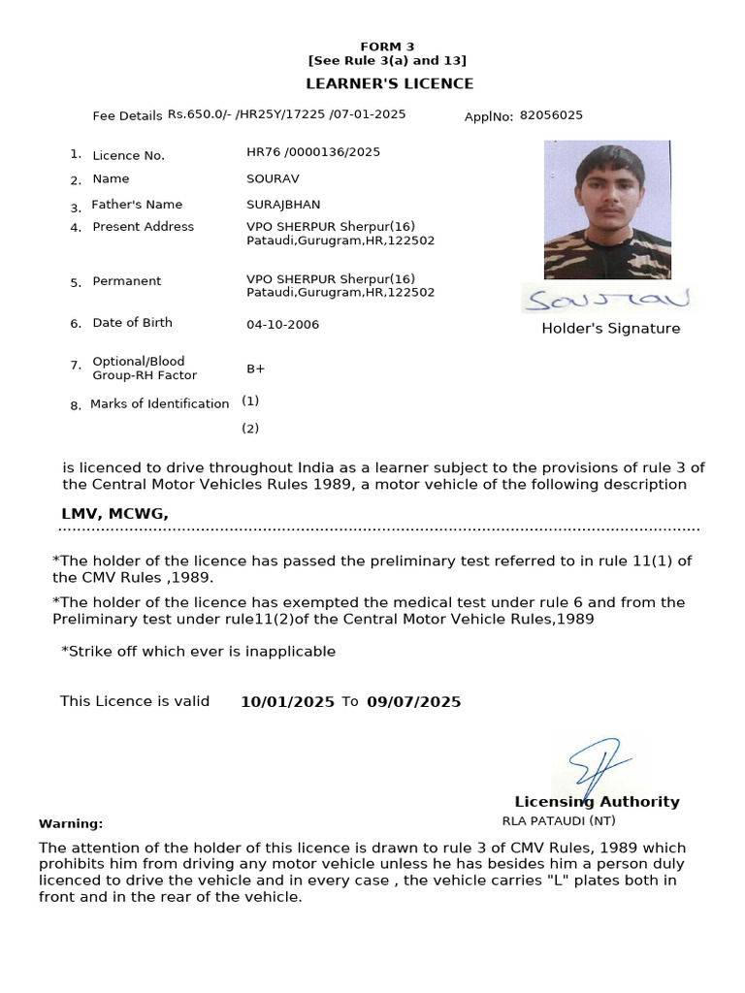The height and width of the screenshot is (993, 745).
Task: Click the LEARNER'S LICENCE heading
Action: pos(390,84)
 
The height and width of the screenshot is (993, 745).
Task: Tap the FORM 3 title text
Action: pos(387,47)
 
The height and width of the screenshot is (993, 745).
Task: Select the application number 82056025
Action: pos(551,115)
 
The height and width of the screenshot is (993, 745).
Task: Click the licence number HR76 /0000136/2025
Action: pos(313,152)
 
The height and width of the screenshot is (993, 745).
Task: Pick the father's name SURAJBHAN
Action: pos(283,205)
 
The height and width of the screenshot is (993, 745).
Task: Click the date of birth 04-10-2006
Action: pos(282,325)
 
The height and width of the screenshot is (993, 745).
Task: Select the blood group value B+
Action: pos(256,369)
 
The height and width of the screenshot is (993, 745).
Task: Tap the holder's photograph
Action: pos(607,208)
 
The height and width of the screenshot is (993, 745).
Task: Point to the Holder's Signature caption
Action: pos(610,329)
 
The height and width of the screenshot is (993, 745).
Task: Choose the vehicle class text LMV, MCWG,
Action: pos(114,514)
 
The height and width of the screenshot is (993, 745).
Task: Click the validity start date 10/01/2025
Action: pos(287,702)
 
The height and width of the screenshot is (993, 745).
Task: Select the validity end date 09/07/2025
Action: pos(413,702)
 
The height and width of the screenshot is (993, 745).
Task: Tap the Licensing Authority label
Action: pos(597,802)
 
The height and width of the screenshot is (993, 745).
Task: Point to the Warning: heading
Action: pos(71,824)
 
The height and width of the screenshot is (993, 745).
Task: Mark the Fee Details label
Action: pos(127,116)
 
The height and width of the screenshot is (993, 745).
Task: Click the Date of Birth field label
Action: pos(132,323)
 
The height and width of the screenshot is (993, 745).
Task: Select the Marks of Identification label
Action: pos(159,404)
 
